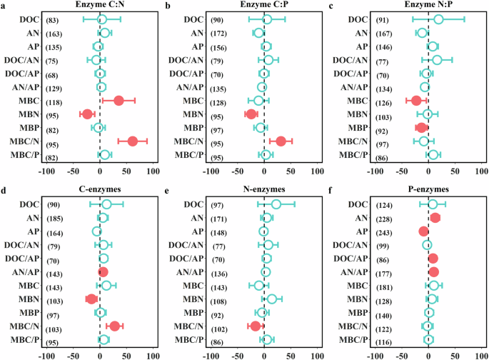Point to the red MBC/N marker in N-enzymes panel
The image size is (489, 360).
point(256,326)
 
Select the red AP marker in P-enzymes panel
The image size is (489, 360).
point(424,231)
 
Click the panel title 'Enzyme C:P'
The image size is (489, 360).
point(265,6)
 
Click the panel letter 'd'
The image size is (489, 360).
point(4,190)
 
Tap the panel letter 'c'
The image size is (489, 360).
point(330,6)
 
